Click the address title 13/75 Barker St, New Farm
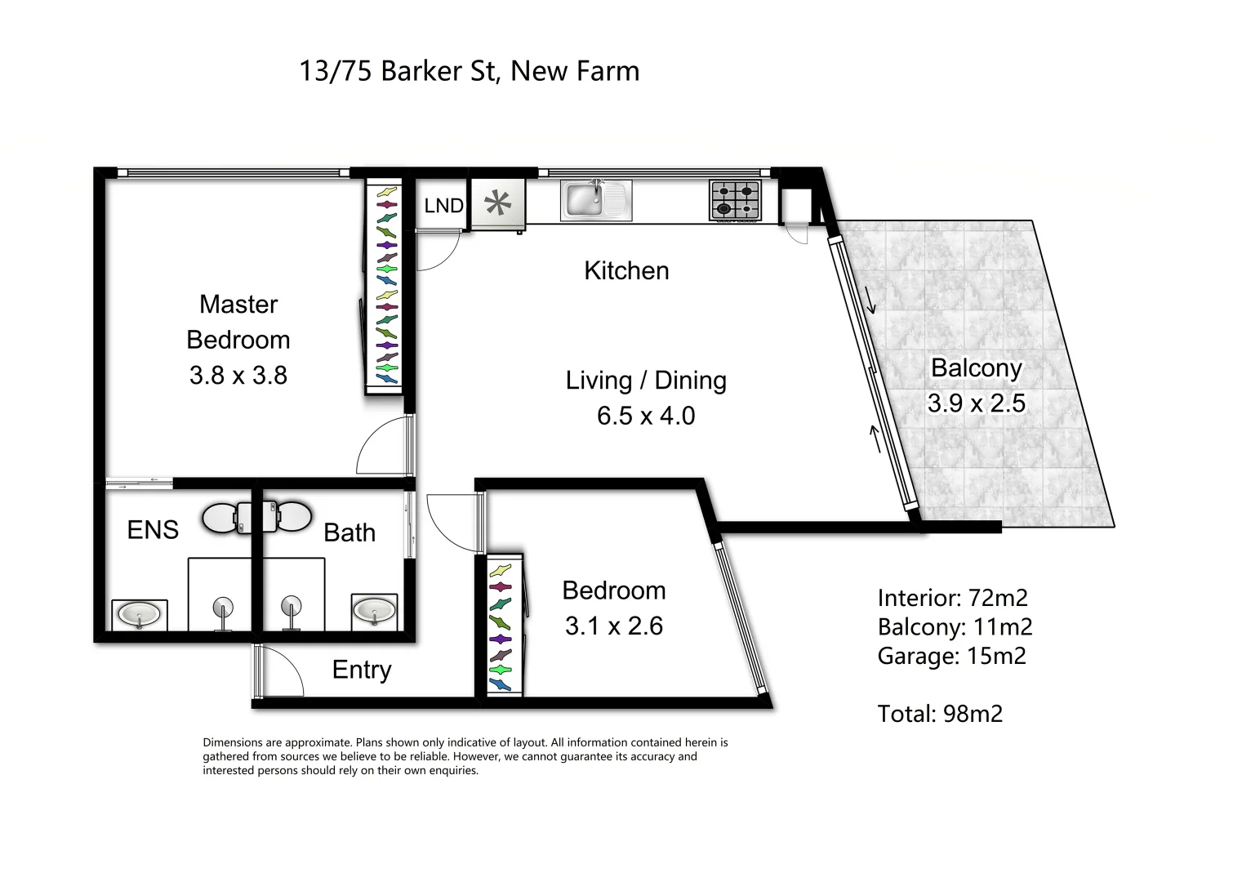click(x=469, y=71)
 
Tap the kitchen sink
click(x=595, y=200)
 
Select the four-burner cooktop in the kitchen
click(x=736, y=200)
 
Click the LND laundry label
click(x=443, y=206)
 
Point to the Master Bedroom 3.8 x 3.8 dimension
click(x=238, y=376)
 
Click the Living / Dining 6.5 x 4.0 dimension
click(x=646, y=416)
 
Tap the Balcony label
click(x=977, y=368)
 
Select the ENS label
click(x=153, y=530)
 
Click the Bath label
click(x=349, y=532)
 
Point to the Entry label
click(x=362, y=670)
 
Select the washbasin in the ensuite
click(x=139, y=613)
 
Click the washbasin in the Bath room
click(x=375, y=610)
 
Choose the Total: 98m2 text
click(x=940, y=714)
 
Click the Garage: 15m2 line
click(x=951, y=656)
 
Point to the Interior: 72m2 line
click(x=952, y=598)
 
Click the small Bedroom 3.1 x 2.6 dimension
click(x=614, y=626)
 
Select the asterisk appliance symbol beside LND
click(x=497, y=203)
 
